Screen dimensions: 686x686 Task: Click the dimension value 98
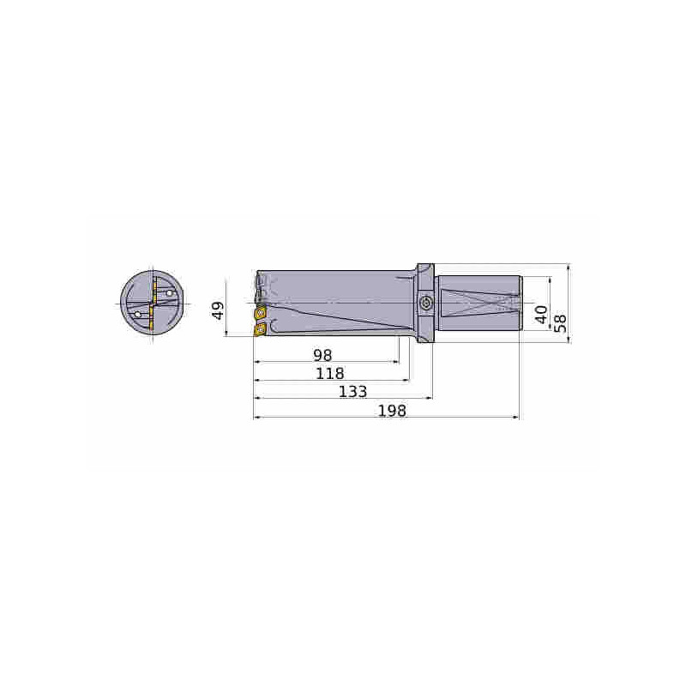click(x=322, y=354)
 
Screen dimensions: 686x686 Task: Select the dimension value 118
click(x=329, y=373)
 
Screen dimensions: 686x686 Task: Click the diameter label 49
click(x=218, y=310)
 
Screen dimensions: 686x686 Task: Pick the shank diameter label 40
click(x=541, y=313)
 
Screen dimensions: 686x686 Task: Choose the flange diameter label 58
click(x=560, y=322)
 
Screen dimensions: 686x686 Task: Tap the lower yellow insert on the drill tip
click(x=260, y=328)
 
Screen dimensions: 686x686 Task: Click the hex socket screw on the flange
click(x=426, y=304)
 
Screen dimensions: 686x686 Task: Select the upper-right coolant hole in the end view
click(x=170, y=293)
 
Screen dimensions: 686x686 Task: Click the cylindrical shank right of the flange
click(x=478, y=304)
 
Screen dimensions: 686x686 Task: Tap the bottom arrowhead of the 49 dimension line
click(x=227, y=335)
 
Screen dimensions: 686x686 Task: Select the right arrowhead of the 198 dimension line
click(x=517, y=418)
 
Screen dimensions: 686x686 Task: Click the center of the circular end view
click(x=153, y=304)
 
